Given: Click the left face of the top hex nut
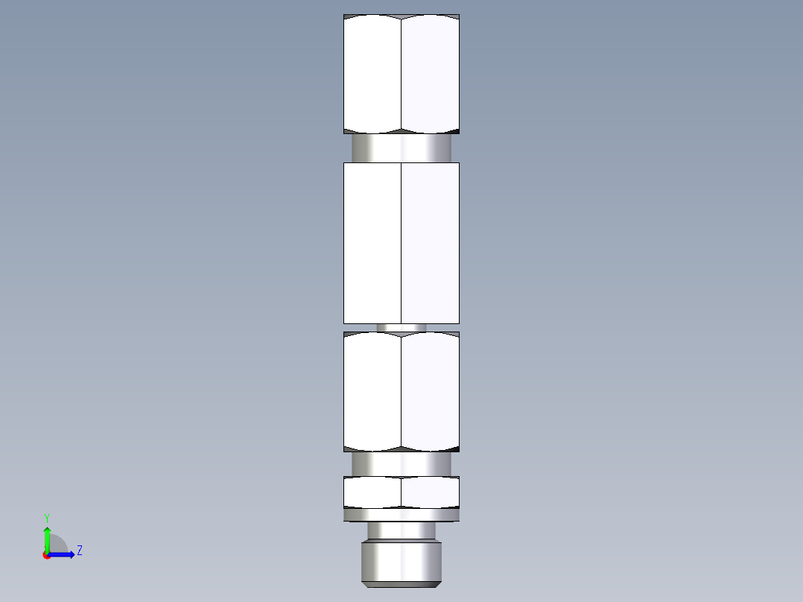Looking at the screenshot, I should point(372,75).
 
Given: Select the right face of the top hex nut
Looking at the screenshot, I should point(430,75).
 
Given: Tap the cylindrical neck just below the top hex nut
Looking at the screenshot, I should point(401,148).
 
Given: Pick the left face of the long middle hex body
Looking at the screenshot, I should point(372,243).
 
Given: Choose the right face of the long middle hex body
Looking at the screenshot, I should point(430,243).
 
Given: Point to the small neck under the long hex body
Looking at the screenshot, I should point(401,328).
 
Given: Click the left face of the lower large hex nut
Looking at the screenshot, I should point(372,391).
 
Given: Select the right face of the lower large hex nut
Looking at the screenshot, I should point(430,391).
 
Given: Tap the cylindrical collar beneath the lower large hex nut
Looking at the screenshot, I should point(401,463).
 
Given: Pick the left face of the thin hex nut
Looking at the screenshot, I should point(372,492).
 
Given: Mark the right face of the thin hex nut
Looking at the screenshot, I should point(430,492).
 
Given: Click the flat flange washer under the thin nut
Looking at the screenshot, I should point(401,515).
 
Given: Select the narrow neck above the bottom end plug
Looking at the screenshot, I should point(401,530).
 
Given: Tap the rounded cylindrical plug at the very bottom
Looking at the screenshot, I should point(401,562).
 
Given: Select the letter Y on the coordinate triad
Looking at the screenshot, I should point(46,517).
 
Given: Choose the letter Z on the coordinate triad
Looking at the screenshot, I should point(79,551).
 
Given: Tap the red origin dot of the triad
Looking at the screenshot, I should point(46,555).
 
